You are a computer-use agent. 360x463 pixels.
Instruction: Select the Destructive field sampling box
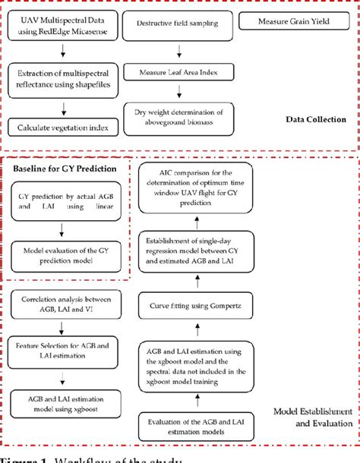[178, 24]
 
